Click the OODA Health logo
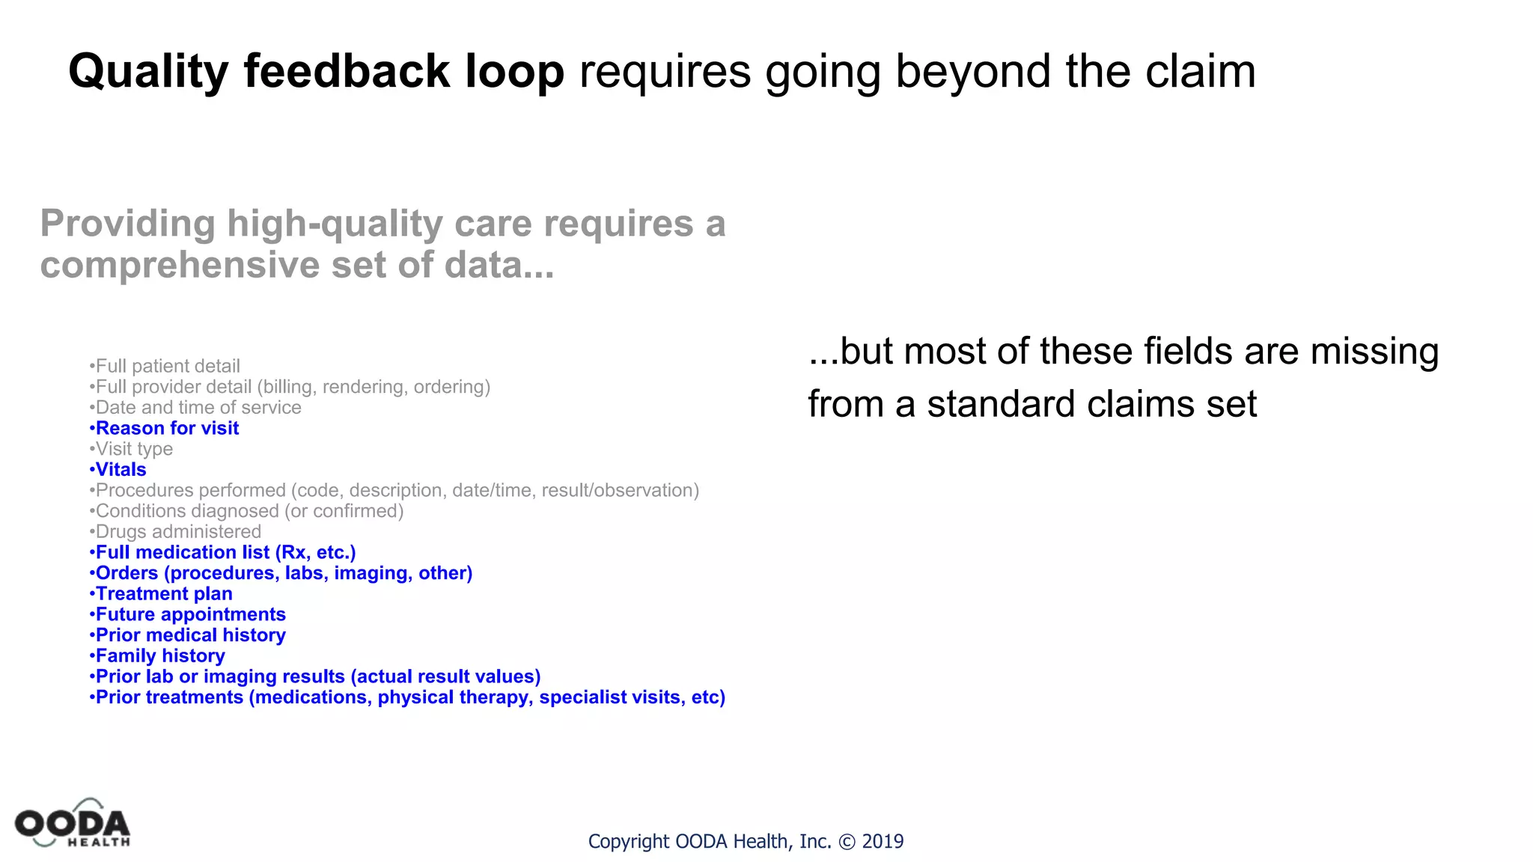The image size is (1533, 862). [x=73, y=824]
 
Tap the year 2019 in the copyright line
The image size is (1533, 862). [x=883, y=842]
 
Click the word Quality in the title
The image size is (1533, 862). [x=148, y=72]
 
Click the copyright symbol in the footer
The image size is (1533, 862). [x=847, y=842]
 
